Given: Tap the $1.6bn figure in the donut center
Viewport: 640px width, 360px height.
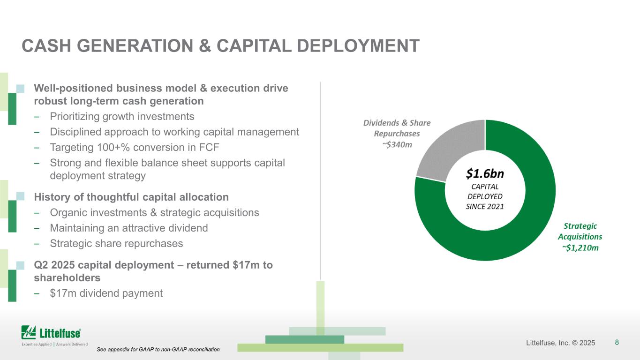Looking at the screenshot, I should pyautogui.click(x=485, y=174).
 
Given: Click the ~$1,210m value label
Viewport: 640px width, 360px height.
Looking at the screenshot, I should pyautogui.click(x=580, y=248).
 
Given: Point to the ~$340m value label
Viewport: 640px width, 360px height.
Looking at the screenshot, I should pyautogui.click(x=397, y=144).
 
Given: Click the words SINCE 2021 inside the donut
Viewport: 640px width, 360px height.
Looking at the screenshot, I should pyautogui.click(x=485, y=206).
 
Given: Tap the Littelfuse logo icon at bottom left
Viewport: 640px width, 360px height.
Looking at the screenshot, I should pyautogui.click(x=29, y=332).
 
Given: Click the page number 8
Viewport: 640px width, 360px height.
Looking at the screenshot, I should pyautogui.click(x=617, y=342).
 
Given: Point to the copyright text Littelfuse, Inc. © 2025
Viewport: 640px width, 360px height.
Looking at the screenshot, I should pyautogui.click(x=560, y=343).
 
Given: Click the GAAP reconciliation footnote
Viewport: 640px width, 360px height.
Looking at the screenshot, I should pyautogui.click(x=158, y=350).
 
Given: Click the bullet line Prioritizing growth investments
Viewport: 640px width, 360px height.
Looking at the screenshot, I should pyautogui.click(x=122, y=116).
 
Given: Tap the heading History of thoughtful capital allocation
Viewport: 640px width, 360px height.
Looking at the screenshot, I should pyautogui.click(x=131, y=197).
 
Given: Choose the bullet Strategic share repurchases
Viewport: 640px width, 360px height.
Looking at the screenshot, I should pyautogui.click(x=116, y=244).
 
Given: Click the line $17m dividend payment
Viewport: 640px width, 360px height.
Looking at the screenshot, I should pyautogui.click(x=106, y=293).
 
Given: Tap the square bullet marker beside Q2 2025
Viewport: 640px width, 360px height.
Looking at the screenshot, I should pyautogui.click(x=20, y=266).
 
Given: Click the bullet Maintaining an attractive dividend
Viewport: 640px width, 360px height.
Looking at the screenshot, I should pyautogui.click(x=129, y=228).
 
